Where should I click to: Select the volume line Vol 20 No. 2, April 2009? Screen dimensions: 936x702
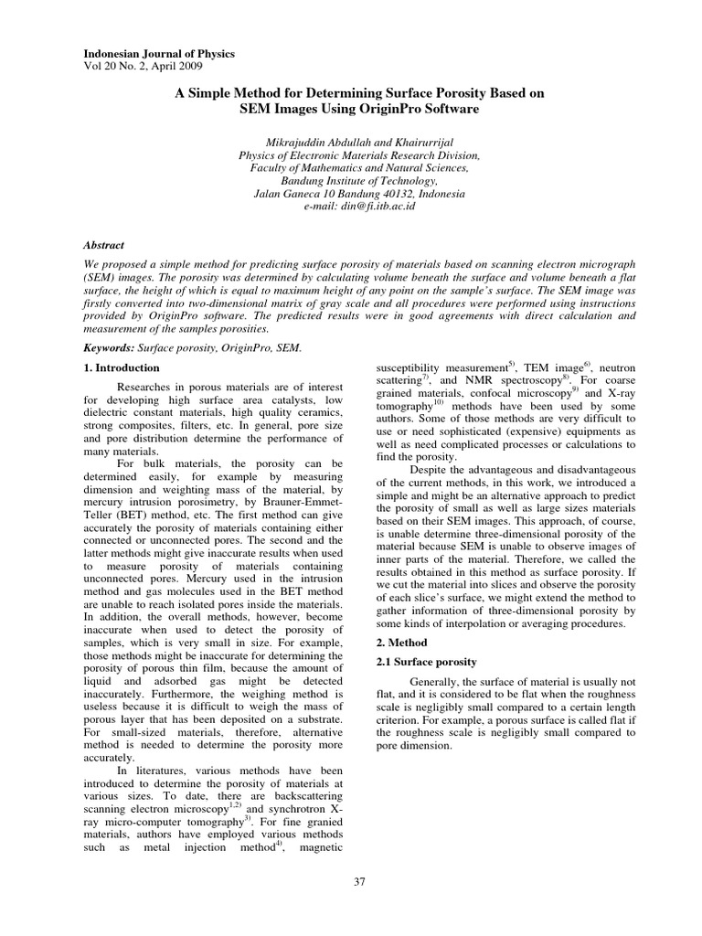coord(144,67)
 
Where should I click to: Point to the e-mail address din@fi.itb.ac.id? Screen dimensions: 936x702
coord(378,207)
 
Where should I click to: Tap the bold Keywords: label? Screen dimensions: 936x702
coord(109,348)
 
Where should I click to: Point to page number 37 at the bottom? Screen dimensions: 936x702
coord(358,880)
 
